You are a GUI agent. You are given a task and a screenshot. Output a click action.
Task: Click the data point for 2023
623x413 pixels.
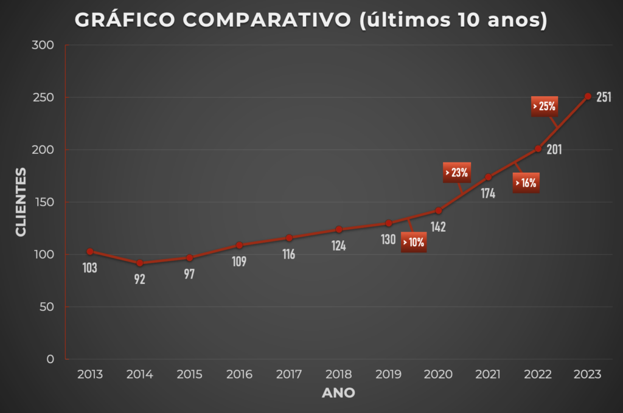click(x=588, y=96)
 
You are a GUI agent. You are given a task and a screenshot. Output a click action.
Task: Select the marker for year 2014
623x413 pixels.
click(x=140, y=263)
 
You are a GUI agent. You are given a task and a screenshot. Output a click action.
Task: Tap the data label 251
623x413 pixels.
click(x=604, y=97)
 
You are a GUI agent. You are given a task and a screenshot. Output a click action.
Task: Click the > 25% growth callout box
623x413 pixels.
click(x=545, y=106)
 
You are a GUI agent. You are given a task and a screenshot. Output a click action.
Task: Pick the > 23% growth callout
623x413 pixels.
click(x=456, y=172)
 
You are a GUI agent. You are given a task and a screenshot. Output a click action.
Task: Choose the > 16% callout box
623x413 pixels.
click(x=526, y=182)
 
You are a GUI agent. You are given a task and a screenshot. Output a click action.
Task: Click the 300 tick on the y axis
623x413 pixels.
click(x=46, y=46)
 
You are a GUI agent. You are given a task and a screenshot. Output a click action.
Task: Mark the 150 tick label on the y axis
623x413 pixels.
click(x=46, y=203)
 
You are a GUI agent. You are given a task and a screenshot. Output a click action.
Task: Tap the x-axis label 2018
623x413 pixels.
click(x=339, y=374)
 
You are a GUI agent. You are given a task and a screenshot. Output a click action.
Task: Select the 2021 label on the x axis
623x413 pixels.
click(x=488, y=374)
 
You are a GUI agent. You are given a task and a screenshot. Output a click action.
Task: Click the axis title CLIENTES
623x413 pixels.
click(x=21, y=202)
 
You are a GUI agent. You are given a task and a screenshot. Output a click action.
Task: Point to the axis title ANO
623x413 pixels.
click(x=338, y=393)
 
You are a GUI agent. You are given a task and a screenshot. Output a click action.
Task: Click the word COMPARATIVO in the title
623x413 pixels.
click(x=267, y=20)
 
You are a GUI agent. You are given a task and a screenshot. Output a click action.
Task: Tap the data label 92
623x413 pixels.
click(x=140, y=280)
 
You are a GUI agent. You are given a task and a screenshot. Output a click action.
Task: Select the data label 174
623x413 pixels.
click(x=487, y=194)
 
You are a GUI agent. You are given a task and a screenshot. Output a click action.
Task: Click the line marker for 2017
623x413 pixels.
click(x=289, y=238)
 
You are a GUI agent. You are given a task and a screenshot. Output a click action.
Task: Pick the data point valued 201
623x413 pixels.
click(x=538, y=148)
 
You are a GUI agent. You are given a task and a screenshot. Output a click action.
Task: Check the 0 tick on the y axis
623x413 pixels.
click(x=50, y=359)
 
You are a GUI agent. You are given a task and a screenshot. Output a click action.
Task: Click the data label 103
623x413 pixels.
click(x=89, y=268)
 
